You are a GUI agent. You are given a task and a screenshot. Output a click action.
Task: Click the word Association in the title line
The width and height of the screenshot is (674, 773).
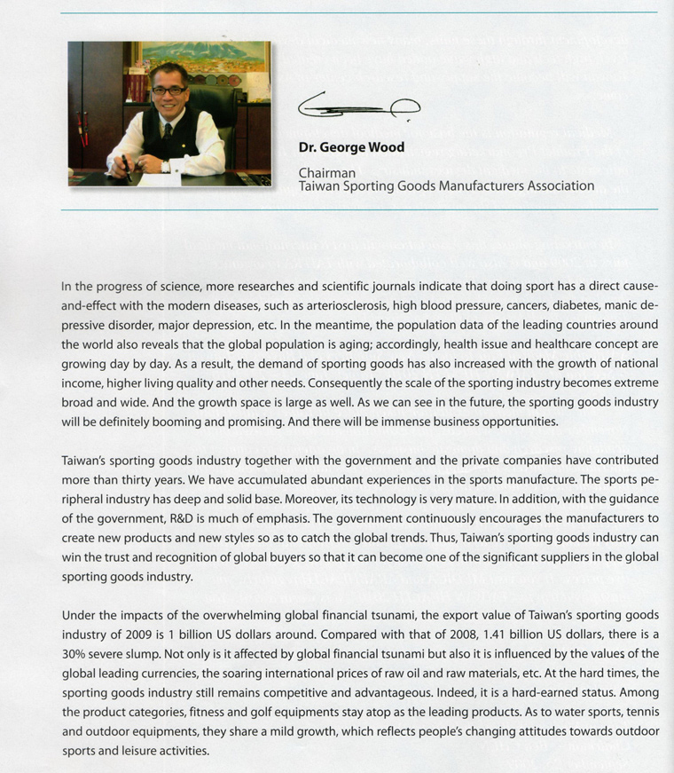point(558,186)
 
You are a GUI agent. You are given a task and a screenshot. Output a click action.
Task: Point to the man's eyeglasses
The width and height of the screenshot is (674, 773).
point(168,90)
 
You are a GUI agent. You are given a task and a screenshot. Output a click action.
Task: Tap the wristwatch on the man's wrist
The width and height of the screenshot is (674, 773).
point(166,166)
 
